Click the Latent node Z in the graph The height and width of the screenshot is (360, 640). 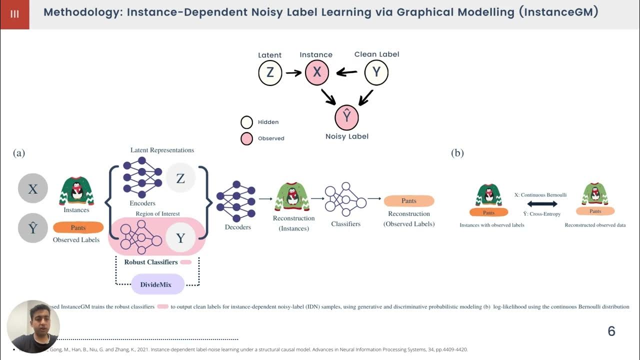coord(270,73)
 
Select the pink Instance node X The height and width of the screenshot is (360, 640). coord(316,73)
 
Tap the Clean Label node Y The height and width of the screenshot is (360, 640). coord(376,73)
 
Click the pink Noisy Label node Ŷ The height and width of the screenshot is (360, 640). coord(346,117)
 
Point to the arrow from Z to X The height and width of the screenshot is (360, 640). coord(293,73)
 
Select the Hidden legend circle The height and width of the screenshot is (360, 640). coord(247,122)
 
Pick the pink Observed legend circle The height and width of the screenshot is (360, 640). coord(247,138)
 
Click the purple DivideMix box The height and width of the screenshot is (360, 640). coord(158,284)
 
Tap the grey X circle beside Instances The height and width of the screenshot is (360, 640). coord(33,189)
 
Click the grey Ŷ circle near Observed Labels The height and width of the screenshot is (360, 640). coord(33,228)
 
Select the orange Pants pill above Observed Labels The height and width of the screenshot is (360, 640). coord(78,227)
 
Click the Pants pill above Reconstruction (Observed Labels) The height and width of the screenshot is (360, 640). coord(409,201)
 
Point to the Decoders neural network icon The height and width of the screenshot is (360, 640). coord(236,201)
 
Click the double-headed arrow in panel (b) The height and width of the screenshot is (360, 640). coord(542,204)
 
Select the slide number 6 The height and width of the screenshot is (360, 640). coord(611,331)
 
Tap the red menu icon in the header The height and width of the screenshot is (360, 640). coord(14,14)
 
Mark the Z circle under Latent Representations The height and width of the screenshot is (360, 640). coord(180,178)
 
